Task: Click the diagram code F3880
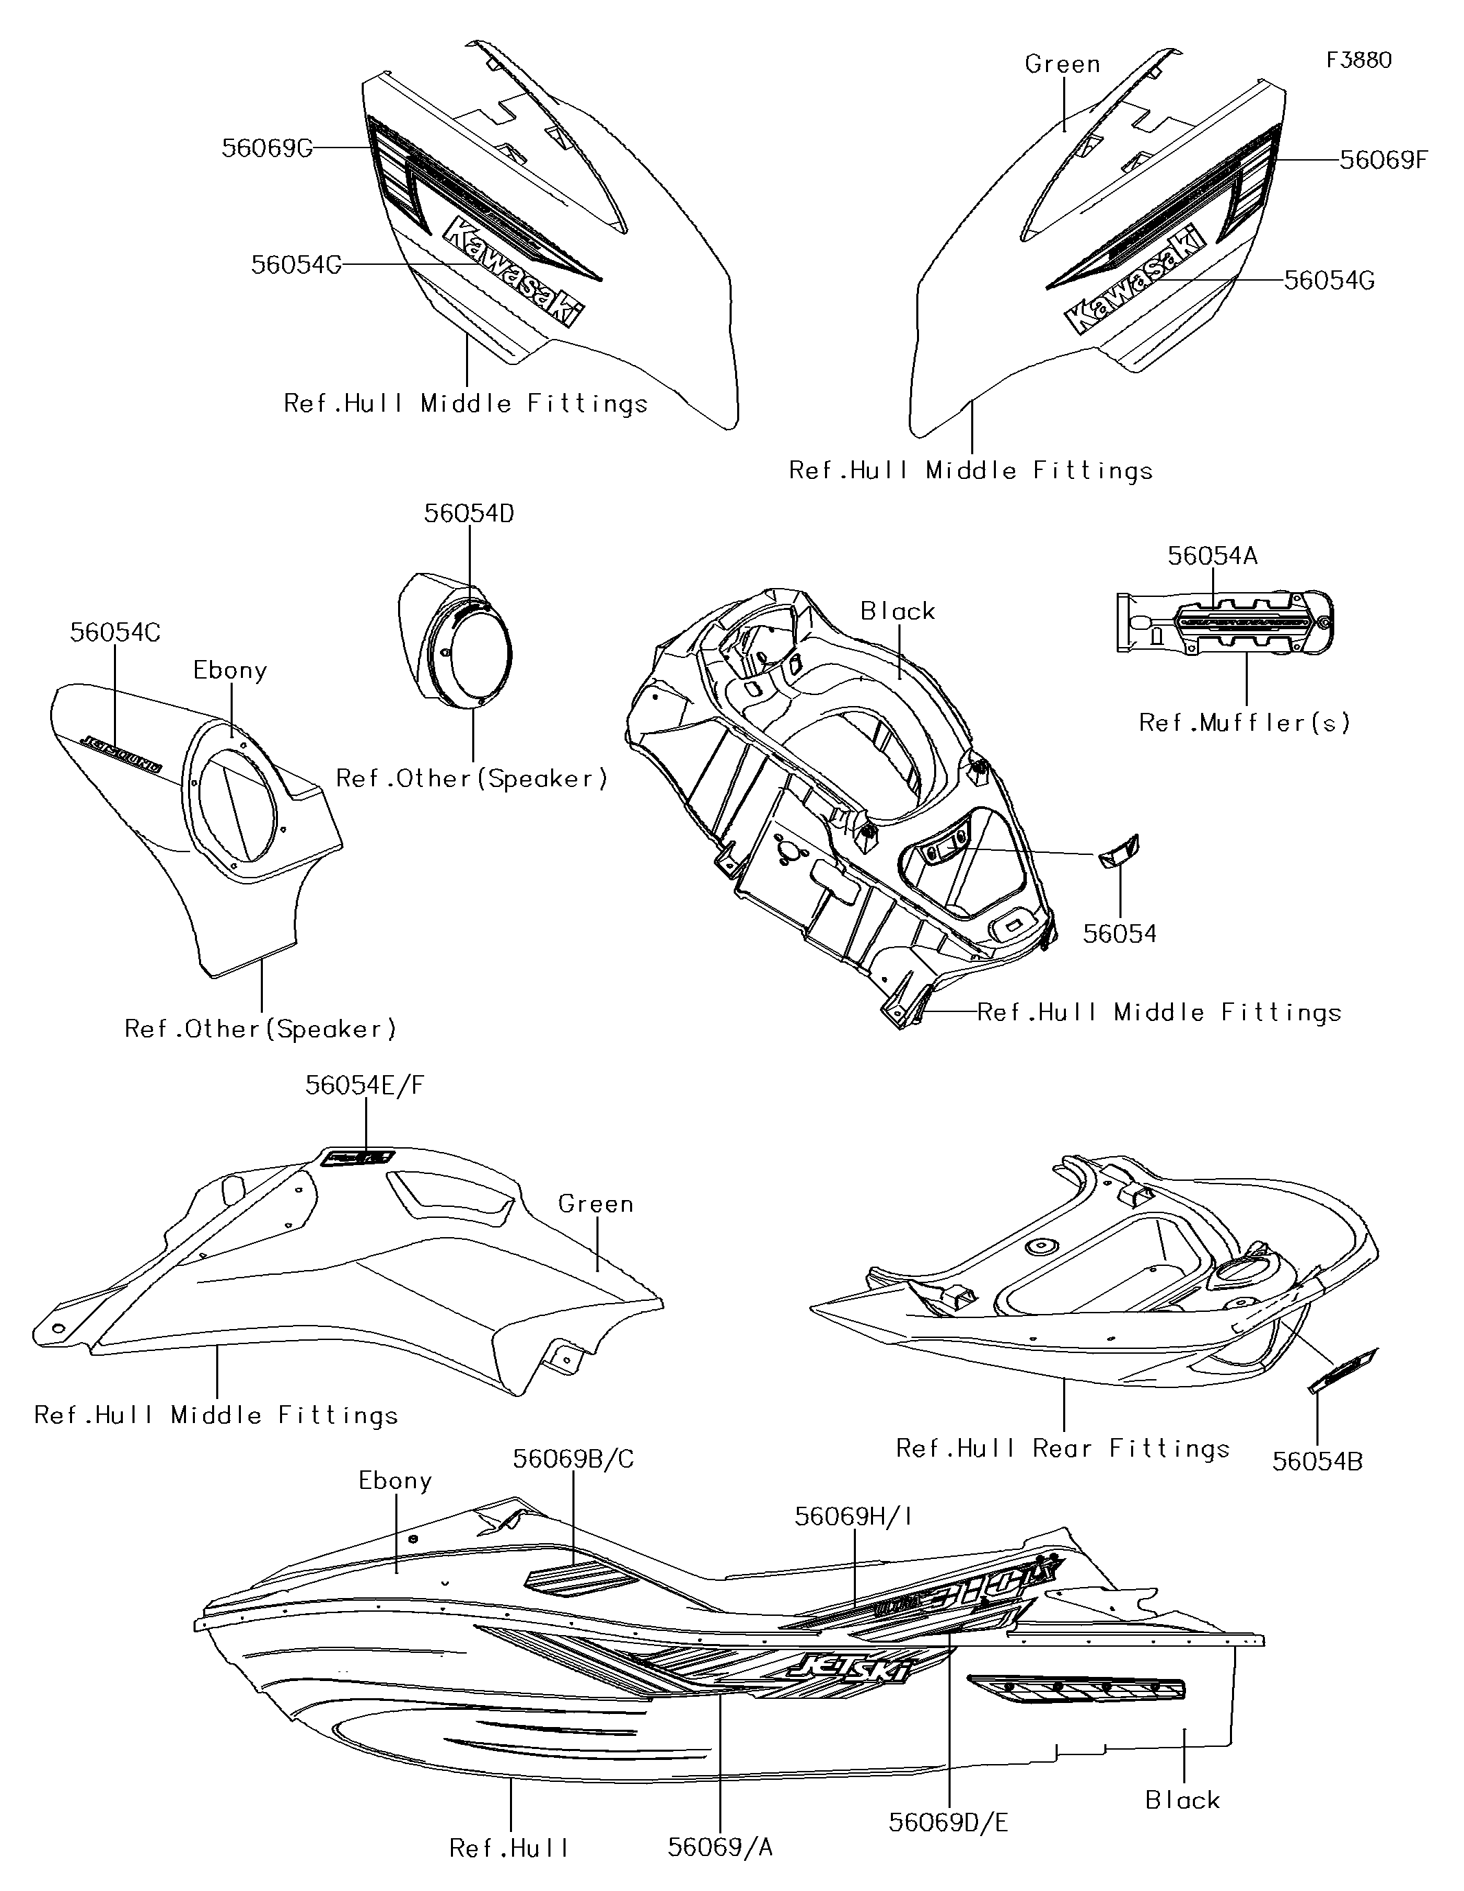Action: coord(1358,60)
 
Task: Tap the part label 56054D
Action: coord(469,513)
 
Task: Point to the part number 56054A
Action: coord(1212,556)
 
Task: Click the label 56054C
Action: coord(115,632)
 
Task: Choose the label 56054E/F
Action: coord(364,1085)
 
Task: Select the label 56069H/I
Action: coord(853,1516)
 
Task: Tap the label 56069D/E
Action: coord(949,1822)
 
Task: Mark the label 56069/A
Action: coord(720,1848)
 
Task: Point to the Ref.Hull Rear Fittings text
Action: coord(1062,1448)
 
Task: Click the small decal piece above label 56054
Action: coord(1118,853)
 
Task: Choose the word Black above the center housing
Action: coord(898,611)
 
